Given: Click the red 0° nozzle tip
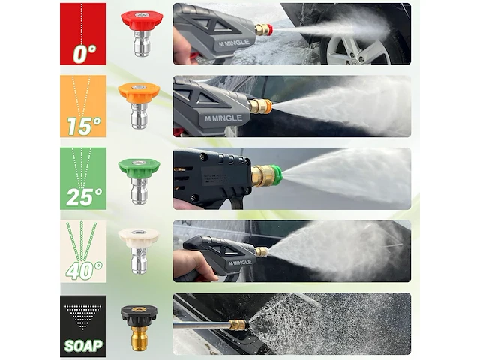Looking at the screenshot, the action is tap(142, 34).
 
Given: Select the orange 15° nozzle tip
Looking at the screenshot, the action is tap(139, 106).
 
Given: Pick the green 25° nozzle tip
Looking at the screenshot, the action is tap(139, 181).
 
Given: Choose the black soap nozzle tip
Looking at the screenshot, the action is tap(139, 328).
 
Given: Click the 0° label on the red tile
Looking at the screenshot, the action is tap(85, 54).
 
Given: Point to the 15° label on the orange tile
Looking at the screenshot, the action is tap(84, 126).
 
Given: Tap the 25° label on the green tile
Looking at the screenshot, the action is tap(84, 197).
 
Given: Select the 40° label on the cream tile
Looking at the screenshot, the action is tap(84, 270).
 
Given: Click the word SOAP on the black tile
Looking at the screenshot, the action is tap(83, 346).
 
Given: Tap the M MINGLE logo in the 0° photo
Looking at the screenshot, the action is tap(234, 43).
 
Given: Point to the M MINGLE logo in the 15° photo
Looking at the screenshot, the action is tap(223, 118).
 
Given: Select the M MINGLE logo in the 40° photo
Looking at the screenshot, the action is tap(240, 262).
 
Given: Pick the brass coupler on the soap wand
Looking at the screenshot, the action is tap(238, 325).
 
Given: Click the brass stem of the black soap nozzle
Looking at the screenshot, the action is tap(139, 338).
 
